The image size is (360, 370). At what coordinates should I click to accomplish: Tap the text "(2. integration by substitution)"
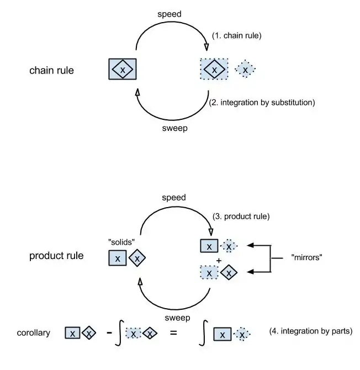pyautogui.click(x=262, y=102)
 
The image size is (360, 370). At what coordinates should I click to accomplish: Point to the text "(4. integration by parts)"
pyautogui.click(x=310, y=331)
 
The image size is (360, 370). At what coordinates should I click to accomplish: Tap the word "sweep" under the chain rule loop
pyautogui.click(x=174, y=128)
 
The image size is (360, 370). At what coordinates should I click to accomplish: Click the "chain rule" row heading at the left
pyautogui.click(x=51, y=71)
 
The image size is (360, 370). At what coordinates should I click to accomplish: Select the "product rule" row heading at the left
pyautogui.click(x=56, y=256)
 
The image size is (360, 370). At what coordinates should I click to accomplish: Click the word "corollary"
pyautogui.click(x=34, y=333)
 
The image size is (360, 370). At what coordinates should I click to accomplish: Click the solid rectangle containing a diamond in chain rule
pyautogui.click(x=123, y=70)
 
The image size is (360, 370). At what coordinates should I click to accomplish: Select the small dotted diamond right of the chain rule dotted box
pyautogui.click(x=245, y=70)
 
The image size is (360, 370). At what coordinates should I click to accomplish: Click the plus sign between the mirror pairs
pyautogui.click(x=219, y=260)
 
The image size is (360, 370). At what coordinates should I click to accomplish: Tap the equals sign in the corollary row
pyautogui.click(x=173, y=333)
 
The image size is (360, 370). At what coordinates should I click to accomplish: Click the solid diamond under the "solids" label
pyautogui.click(x=137, y=257)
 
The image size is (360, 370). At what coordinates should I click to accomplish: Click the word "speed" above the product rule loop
pyautogui.click(x=173, y=197)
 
